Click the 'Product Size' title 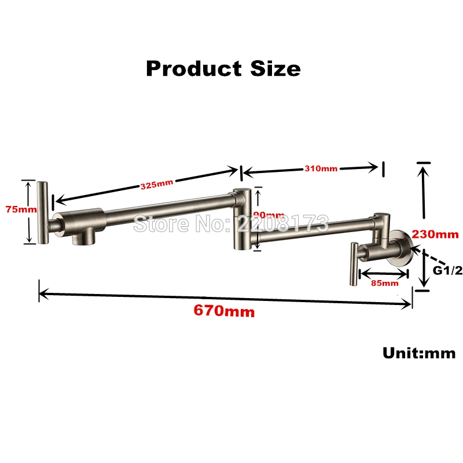pyautogui.click(x=223, y=68)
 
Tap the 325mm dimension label pyautogui.click(x=157, y=185)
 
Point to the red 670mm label pyautogui.click(x=223, y=311)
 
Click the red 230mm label pyautogui.click(x=435, y=234)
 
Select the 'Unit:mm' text pyautogui.click(x=418, y=352)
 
